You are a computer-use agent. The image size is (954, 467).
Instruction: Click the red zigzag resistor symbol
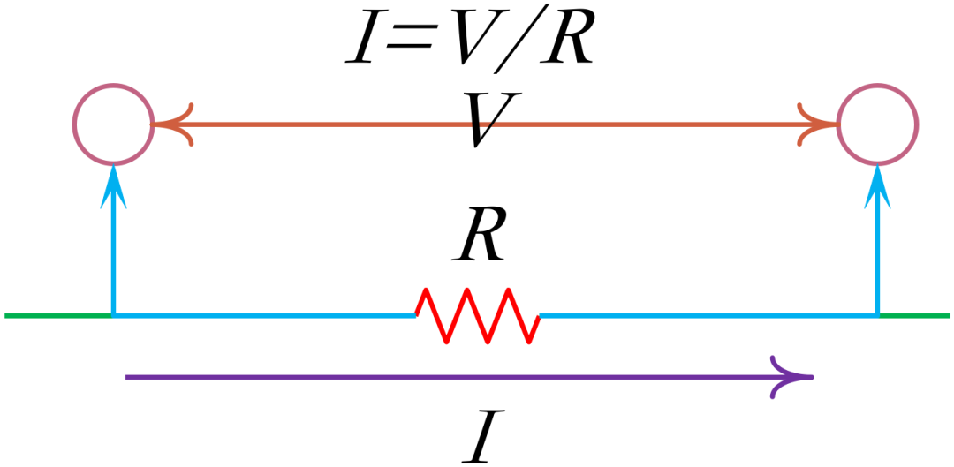point(478,315)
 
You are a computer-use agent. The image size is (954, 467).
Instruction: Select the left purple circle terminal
point(113,124)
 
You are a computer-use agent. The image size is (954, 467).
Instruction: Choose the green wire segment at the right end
point(915,315)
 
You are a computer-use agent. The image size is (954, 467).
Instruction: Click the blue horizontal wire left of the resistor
point(265,315)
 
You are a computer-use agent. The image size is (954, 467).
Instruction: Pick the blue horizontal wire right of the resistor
point(707,315)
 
